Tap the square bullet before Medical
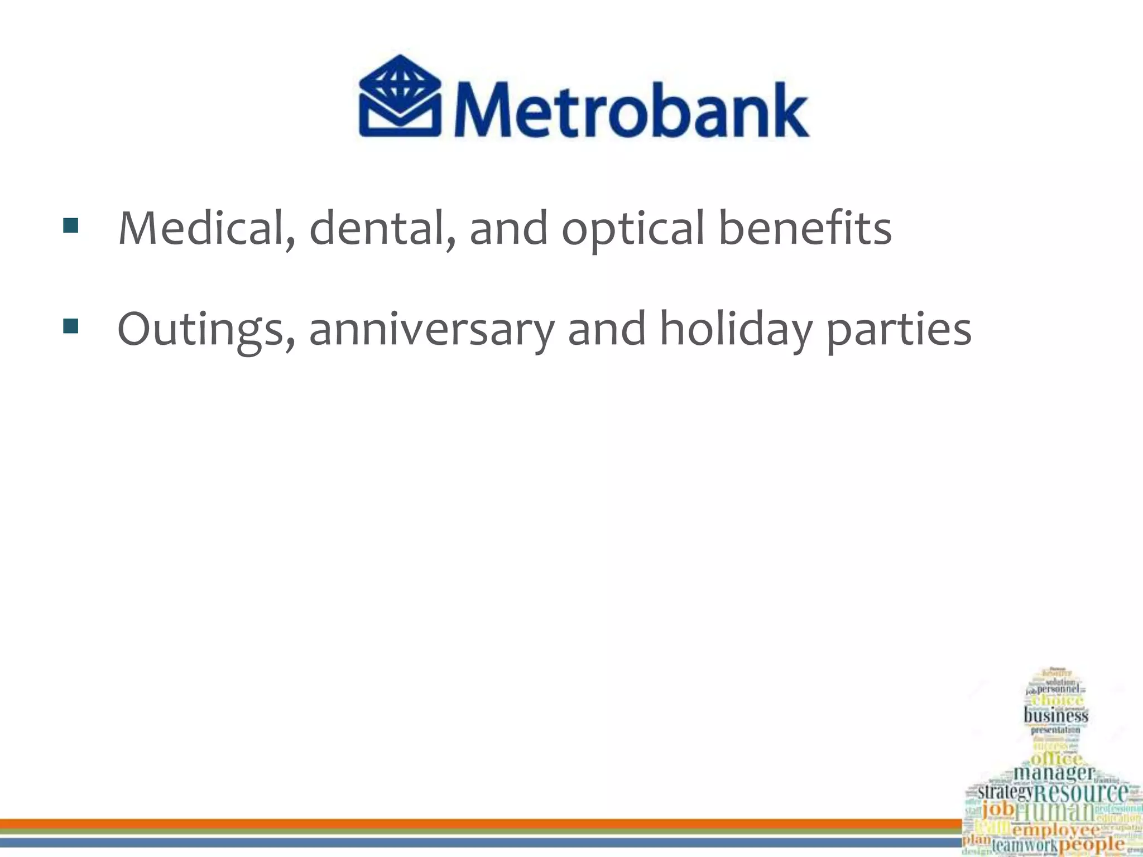pos(70,225)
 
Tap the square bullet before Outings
pos(70,326)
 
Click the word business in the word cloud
pos(1056,715)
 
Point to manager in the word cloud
pos(1054,773)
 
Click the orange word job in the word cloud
pos(998,810)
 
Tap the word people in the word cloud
pos(1091,844)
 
